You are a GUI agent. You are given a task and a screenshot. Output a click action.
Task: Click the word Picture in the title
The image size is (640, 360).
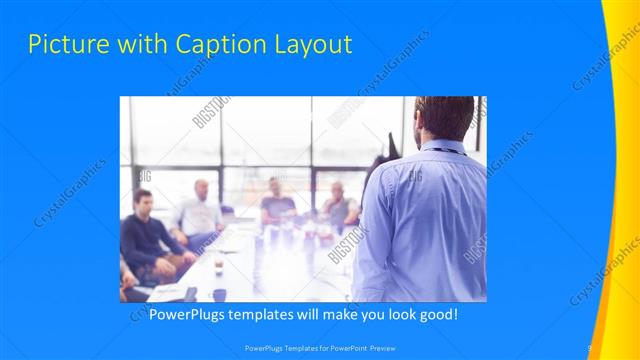(x=62, y=45)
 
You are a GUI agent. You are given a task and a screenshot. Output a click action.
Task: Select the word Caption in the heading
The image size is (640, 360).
(x=215, y=45)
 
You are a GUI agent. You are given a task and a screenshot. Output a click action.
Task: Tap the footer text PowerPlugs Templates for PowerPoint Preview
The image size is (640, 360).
(x=321, y=349)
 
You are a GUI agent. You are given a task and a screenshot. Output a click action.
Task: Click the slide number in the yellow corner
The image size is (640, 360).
(x=590, y=348)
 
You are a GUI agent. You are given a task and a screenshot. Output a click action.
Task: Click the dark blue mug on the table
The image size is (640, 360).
(x=219, y=295)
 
